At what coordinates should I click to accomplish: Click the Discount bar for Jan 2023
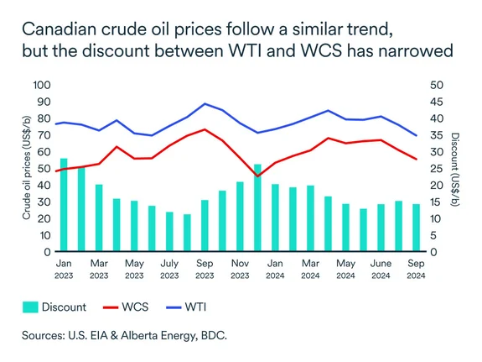pyautogui.click(x=64, y=205)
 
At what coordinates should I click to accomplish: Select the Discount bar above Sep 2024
pyautogui.click(x=416, y=228)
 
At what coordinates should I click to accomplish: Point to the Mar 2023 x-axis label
pyautogui.click(x=99, y=268)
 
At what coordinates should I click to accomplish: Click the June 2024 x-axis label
pyautogui.click(x=381, y=268)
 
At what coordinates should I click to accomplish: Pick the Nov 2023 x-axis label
pyautogui.click(x=240, y=268)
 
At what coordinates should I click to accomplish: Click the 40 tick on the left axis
pyautogui.click(x=44, y=186)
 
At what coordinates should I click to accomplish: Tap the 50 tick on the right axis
pyautogui.click(x=436, y=86)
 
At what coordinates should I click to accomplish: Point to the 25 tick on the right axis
pyautogui.click(x=436, y=169)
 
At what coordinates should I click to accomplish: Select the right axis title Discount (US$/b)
pyautogui.click(x=457, y=169)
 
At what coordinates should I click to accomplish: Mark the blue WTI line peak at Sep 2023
pyautogui.click(x=205, y=104)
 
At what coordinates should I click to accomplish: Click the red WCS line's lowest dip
pyautogui.click(x=257, y=176)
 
